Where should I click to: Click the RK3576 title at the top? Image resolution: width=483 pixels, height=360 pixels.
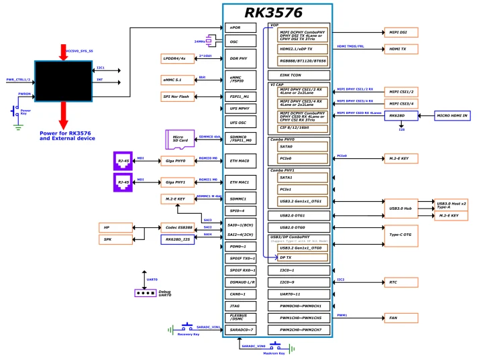click(x=278, y=13)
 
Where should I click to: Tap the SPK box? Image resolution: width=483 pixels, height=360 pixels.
click(x=117, y=239)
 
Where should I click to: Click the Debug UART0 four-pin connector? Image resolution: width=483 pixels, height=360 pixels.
click(x=144, y=293)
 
